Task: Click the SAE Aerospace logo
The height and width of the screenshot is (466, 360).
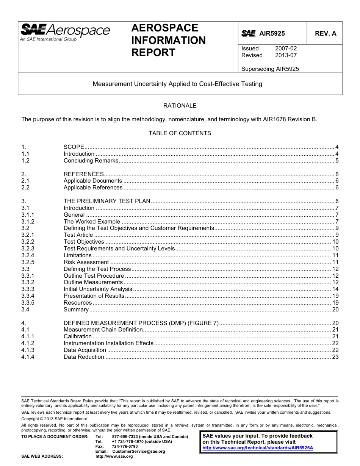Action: pyautogui.click(x=65, y=32)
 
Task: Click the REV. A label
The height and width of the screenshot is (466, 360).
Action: pyautogui.click(x=325, y=33)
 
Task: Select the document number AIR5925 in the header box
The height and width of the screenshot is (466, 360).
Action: pyautogui.click(x=272, y=34)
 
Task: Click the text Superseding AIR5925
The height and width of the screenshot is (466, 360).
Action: pyautogui.click(x=270, y=69)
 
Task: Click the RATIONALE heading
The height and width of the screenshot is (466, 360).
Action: pyautogui.click(x=180, y=106)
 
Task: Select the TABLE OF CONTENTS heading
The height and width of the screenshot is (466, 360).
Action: pyautogui.click(x=180, y=133)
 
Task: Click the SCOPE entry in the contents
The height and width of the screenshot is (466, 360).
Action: pyautogui.click(x=74, y=147)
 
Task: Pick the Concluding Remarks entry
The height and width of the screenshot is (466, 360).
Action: pyautogui.click(x=91, y=161)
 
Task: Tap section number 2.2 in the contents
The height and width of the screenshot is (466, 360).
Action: pyautogui.click(x=25, y=188)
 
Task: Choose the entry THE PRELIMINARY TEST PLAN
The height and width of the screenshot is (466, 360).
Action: pyautogui.click(x=107, y=201)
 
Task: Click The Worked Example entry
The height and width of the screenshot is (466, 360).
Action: pyautogui.click(x=92, y=222)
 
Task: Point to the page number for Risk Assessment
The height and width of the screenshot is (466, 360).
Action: pyautogui.click(x=335, y=262)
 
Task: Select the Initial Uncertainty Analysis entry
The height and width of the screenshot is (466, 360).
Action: pyautogui.click(x=98, y=289)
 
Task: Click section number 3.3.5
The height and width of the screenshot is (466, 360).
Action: pyautogui.click(x=28, y=303)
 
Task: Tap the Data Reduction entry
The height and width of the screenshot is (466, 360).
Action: pyautogui.click(x=84, y=357)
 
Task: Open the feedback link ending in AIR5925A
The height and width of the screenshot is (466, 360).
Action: pyautogui.click(x=258, y=447)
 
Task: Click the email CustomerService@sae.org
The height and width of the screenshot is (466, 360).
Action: pyautogui.click(x=139, y=452)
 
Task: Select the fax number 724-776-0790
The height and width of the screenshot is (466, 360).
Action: pyautogui.click(x=125, y=447)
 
